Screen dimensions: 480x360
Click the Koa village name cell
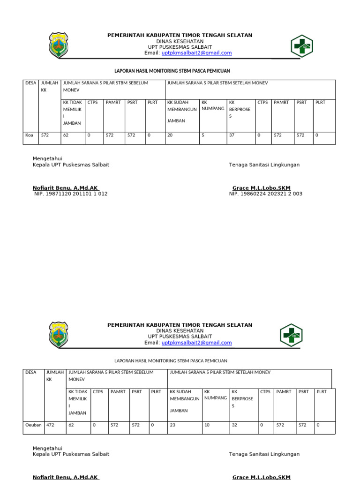coord(29,135)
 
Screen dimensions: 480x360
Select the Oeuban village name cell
coord(33,425)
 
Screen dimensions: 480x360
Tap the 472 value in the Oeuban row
coord(51,425)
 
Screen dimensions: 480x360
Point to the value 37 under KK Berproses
coord(232,135)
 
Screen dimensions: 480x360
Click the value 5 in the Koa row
coord(202,135)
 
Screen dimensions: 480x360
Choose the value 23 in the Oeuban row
coord(172,425)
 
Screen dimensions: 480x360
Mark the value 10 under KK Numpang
coord(207,425)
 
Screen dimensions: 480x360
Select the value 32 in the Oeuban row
coord(234,425)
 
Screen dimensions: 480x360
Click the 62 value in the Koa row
coord(66,135)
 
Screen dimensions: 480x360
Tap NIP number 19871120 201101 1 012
coord(71,194)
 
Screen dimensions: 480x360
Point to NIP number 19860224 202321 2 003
coord(265,194)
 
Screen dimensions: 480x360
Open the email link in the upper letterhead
coord(196,53)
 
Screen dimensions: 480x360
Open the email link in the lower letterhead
coord(196,343)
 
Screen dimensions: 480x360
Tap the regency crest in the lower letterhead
coord(58,335)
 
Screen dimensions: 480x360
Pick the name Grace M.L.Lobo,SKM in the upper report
coord(261,188)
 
